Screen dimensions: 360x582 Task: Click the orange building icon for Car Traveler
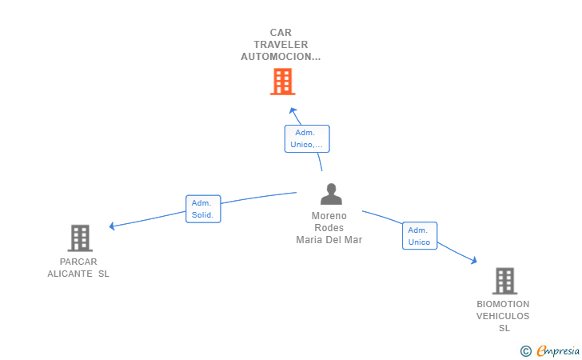(x=282, y=82)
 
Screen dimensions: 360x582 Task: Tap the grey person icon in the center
(x=330, y=194)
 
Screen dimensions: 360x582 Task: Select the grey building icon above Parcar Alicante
(x=80, y=238)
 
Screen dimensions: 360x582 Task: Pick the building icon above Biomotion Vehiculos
(x=504, y=281)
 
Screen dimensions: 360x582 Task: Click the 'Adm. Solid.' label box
(x=203, y=209)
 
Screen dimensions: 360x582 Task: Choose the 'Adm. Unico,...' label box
(x=307, y=138)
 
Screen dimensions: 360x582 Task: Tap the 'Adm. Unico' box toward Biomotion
(x=419, y=236)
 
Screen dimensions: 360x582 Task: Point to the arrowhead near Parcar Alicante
(x=113, y=226)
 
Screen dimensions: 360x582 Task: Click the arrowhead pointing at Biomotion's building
(x=474, y=260)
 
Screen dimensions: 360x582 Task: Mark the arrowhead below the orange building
(x=293, y=110)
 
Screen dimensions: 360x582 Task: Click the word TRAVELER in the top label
(x=281, y=45)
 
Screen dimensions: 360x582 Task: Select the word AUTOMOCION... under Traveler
(x=281, y=57)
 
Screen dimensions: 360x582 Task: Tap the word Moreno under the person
(x=329, y=216)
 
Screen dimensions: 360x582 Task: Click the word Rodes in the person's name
(x=329, y=228)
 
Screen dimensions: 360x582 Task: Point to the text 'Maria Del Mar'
(x=329, y=240)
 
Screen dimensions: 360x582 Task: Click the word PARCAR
(x=78, y=262)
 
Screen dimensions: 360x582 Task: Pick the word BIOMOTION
(x=503, y=304)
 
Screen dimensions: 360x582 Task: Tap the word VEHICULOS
(x=503, y=316)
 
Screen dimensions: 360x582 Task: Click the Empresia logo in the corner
(x=557, y=350)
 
